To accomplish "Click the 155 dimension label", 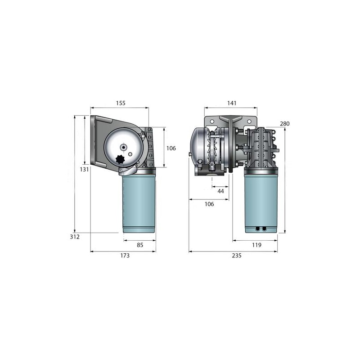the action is [121, 103].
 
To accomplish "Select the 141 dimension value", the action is [232, 103].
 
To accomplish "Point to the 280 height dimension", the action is [285, 123].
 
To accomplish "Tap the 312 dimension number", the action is [75, 237].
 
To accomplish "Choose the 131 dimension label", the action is [84, 170].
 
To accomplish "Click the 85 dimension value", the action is [140, 245].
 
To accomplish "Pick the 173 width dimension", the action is [125, 256].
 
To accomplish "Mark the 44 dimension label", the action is [220, 191].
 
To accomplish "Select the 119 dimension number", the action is [256, 245].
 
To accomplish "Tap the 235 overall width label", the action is [237, 256].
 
